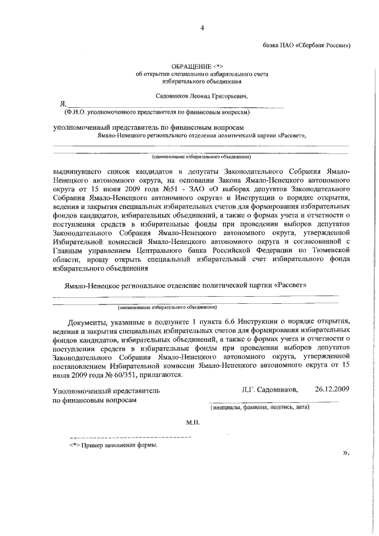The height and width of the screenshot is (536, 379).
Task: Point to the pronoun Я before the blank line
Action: (55, 104)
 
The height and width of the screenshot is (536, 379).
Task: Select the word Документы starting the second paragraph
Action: (86, 322)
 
